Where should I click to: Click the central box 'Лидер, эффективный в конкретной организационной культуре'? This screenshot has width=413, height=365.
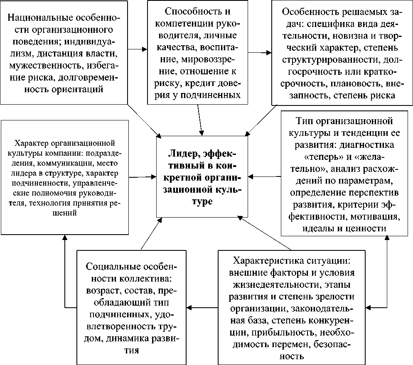[x=202, y=176]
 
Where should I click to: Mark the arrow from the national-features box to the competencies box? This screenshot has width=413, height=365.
[x=138, y=49]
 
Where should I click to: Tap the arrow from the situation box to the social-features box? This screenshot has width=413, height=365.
[x=202, y=308]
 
